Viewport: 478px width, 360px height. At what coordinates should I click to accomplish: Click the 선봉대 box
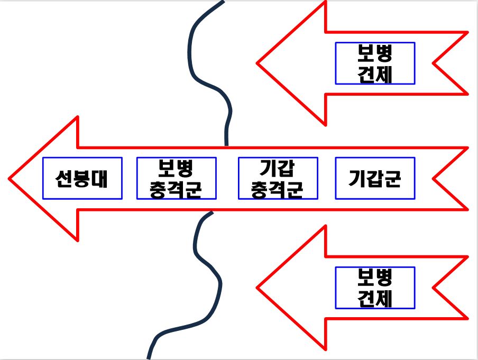(82, 179)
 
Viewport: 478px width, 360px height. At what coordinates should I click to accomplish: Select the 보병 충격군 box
(176, 179)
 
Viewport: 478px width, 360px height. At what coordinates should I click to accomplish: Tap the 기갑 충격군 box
(278, 179)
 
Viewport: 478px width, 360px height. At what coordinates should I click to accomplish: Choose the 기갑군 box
(375, 179)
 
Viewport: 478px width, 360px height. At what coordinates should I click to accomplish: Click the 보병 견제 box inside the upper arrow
(375, 63)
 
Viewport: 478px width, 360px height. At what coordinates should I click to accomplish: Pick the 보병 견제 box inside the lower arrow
(375, 288)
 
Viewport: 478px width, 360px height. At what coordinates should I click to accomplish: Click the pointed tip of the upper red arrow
(259, 63)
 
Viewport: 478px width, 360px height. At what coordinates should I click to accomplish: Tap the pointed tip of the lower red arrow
(259, 288)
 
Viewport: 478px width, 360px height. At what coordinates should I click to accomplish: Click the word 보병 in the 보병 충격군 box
(176, 169)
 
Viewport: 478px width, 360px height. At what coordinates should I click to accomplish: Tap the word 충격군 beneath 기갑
(278, 189)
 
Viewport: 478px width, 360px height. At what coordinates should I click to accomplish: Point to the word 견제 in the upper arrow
(375, 74)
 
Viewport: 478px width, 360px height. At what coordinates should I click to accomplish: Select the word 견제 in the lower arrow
(375, 299)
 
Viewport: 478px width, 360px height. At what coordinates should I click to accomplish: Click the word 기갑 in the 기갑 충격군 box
(278, 169)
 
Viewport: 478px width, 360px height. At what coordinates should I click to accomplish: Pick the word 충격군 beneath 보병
(176, 189)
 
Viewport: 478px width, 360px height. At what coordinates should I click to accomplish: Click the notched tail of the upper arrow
(435, 63)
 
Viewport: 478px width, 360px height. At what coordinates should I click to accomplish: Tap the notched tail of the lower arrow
(435, 288)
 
